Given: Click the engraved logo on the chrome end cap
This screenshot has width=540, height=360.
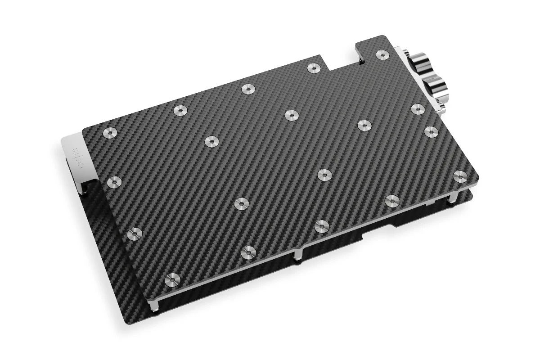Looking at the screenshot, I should [76, 153].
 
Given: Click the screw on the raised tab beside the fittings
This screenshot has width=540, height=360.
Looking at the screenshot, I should [382, 55].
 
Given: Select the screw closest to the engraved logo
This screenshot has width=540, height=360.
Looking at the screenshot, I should [110, 132].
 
